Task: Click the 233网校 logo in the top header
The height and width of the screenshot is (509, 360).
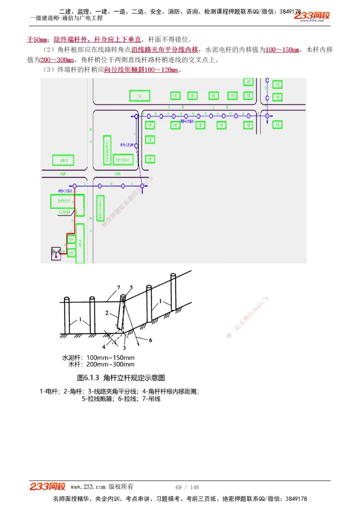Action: pyautogui.click(x=312, y=16)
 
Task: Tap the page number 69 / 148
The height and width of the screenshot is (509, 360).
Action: pyautogui.click(x=187, y=487)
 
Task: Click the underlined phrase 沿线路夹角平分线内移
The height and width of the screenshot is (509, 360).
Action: pyautogui.click(x=165, y=49)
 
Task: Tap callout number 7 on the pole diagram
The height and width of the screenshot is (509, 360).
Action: pyautogui.click(x=118, y=287)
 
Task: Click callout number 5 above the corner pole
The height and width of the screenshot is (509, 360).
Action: pyautogui.click(x=131, y=287)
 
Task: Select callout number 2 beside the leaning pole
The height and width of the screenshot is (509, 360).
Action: pyautogui.click(x=107, y=312)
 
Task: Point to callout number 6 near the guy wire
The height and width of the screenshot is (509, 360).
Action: pyautogui.click(x=150, y=340)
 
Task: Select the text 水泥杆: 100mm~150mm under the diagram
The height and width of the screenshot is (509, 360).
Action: pyautogui.click(x=98, y=358)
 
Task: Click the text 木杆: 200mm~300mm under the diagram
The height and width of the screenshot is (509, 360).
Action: pyautogui.click(x=101, y=365)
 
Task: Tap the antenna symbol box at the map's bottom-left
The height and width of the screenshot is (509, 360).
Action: pyautogui.click(x=56, y=254)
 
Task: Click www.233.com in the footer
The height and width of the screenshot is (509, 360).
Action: pyautogui.click(x=88, y=487)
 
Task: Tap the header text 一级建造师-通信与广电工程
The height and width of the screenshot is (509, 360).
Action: pyautogui.click(x=66, y=18)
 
